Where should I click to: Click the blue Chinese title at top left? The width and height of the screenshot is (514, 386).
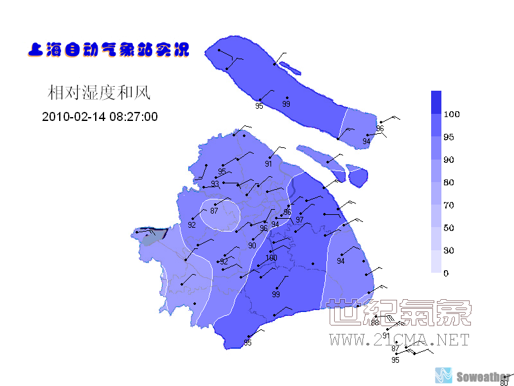pos(109,49)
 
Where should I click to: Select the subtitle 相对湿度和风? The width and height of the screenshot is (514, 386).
pos(99,93)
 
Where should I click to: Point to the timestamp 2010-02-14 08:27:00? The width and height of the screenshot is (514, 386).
pos(100,117)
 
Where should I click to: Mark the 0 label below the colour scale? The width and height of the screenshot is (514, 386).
pos(447,273)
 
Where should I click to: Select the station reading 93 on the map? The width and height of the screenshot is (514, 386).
pos(215,184)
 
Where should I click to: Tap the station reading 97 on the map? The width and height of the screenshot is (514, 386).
pos(299,220)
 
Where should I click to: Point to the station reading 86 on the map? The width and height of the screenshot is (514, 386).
pos(288,212)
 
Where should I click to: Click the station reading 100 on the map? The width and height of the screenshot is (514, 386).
pos(271,258)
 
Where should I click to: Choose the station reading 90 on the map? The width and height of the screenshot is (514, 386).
pos(252,246)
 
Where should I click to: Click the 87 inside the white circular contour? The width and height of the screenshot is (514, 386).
pos(215,211)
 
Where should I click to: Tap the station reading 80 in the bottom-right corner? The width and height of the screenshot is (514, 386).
pos(504,383)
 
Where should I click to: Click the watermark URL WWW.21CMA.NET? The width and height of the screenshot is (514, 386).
pos(400,340)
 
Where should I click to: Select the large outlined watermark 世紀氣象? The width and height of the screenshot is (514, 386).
pos(400,313)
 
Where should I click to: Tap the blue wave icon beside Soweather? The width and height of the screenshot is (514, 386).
pos(444,375)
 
